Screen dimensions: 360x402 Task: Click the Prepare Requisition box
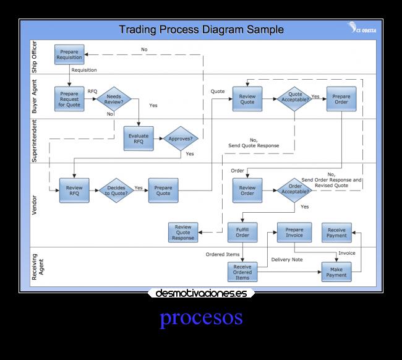(69, 54)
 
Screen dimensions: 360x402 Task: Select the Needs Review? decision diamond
(114, 99)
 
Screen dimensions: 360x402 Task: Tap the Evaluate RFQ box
(139, 139)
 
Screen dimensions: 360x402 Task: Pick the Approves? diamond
(182, 139)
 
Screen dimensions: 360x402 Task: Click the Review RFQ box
(74, 190)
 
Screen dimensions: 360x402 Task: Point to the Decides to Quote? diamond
(116, 191)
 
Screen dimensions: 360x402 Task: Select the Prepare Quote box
(163, 190)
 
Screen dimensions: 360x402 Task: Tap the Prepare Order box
(341, 99)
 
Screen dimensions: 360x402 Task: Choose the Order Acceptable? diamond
(294, 190)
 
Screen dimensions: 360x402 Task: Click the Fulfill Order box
(242, 232)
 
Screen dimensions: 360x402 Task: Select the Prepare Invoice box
(294, 232)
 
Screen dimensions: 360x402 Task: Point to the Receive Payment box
(337, 232)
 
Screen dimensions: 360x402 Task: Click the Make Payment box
(336, 272)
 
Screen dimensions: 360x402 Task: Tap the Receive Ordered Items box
(242, 272)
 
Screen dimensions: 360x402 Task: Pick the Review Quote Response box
(183, 232)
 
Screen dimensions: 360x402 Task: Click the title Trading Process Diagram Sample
(201, 29)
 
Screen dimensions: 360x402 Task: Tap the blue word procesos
(201, 317)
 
